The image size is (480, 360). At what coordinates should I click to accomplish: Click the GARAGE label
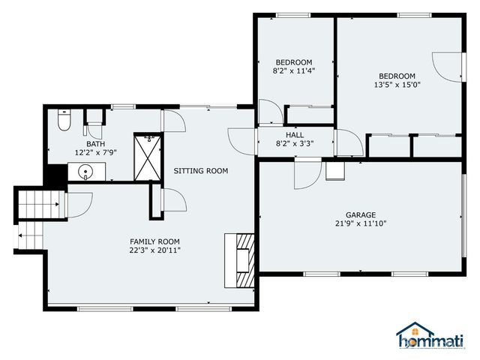click(x=360, y=214)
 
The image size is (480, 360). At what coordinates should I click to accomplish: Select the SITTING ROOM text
click(x=200, y=171)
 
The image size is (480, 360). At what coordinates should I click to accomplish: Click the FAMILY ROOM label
click(x=154, y=241)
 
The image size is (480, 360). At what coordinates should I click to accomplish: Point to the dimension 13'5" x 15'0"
click(x=397, y=85)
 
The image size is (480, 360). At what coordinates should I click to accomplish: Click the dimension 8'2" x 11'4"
click(x=293, y=71)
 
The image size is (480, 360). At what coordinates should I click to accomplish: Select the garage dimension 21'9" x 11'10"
click(x=360, y=223)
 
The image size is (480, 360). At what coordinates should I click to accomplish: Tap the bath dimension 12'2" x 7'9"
click(x=95, y=152)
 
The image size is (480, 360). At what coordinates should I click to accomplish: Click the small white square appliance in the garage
click(x=334, y=169)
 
